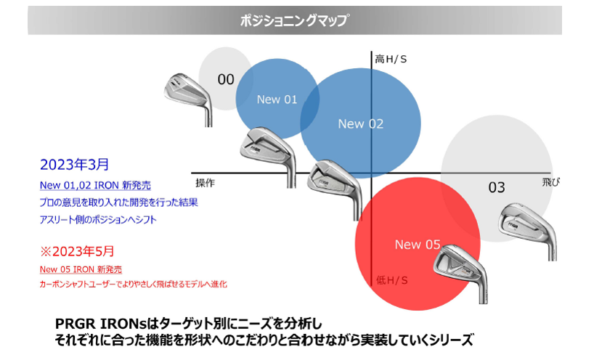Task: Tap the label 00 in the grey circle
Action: [x=226, y=79]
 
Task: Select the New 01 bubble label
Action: [x=277, y=99]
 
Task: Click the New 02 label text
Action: [x=360, y=124]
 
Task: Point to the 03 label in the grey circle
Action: [x=496, y=188]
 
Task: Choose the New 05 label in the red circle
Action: [x=418, y=245]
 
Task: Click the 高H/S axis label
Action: [x=391, y=58]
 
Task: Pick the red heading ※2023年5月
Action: [x=77, y=252]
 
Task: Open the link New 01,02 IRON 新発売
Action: [x=95, y=185]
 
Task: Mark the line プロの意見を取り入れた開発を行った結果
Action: [x=118, y=202]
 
